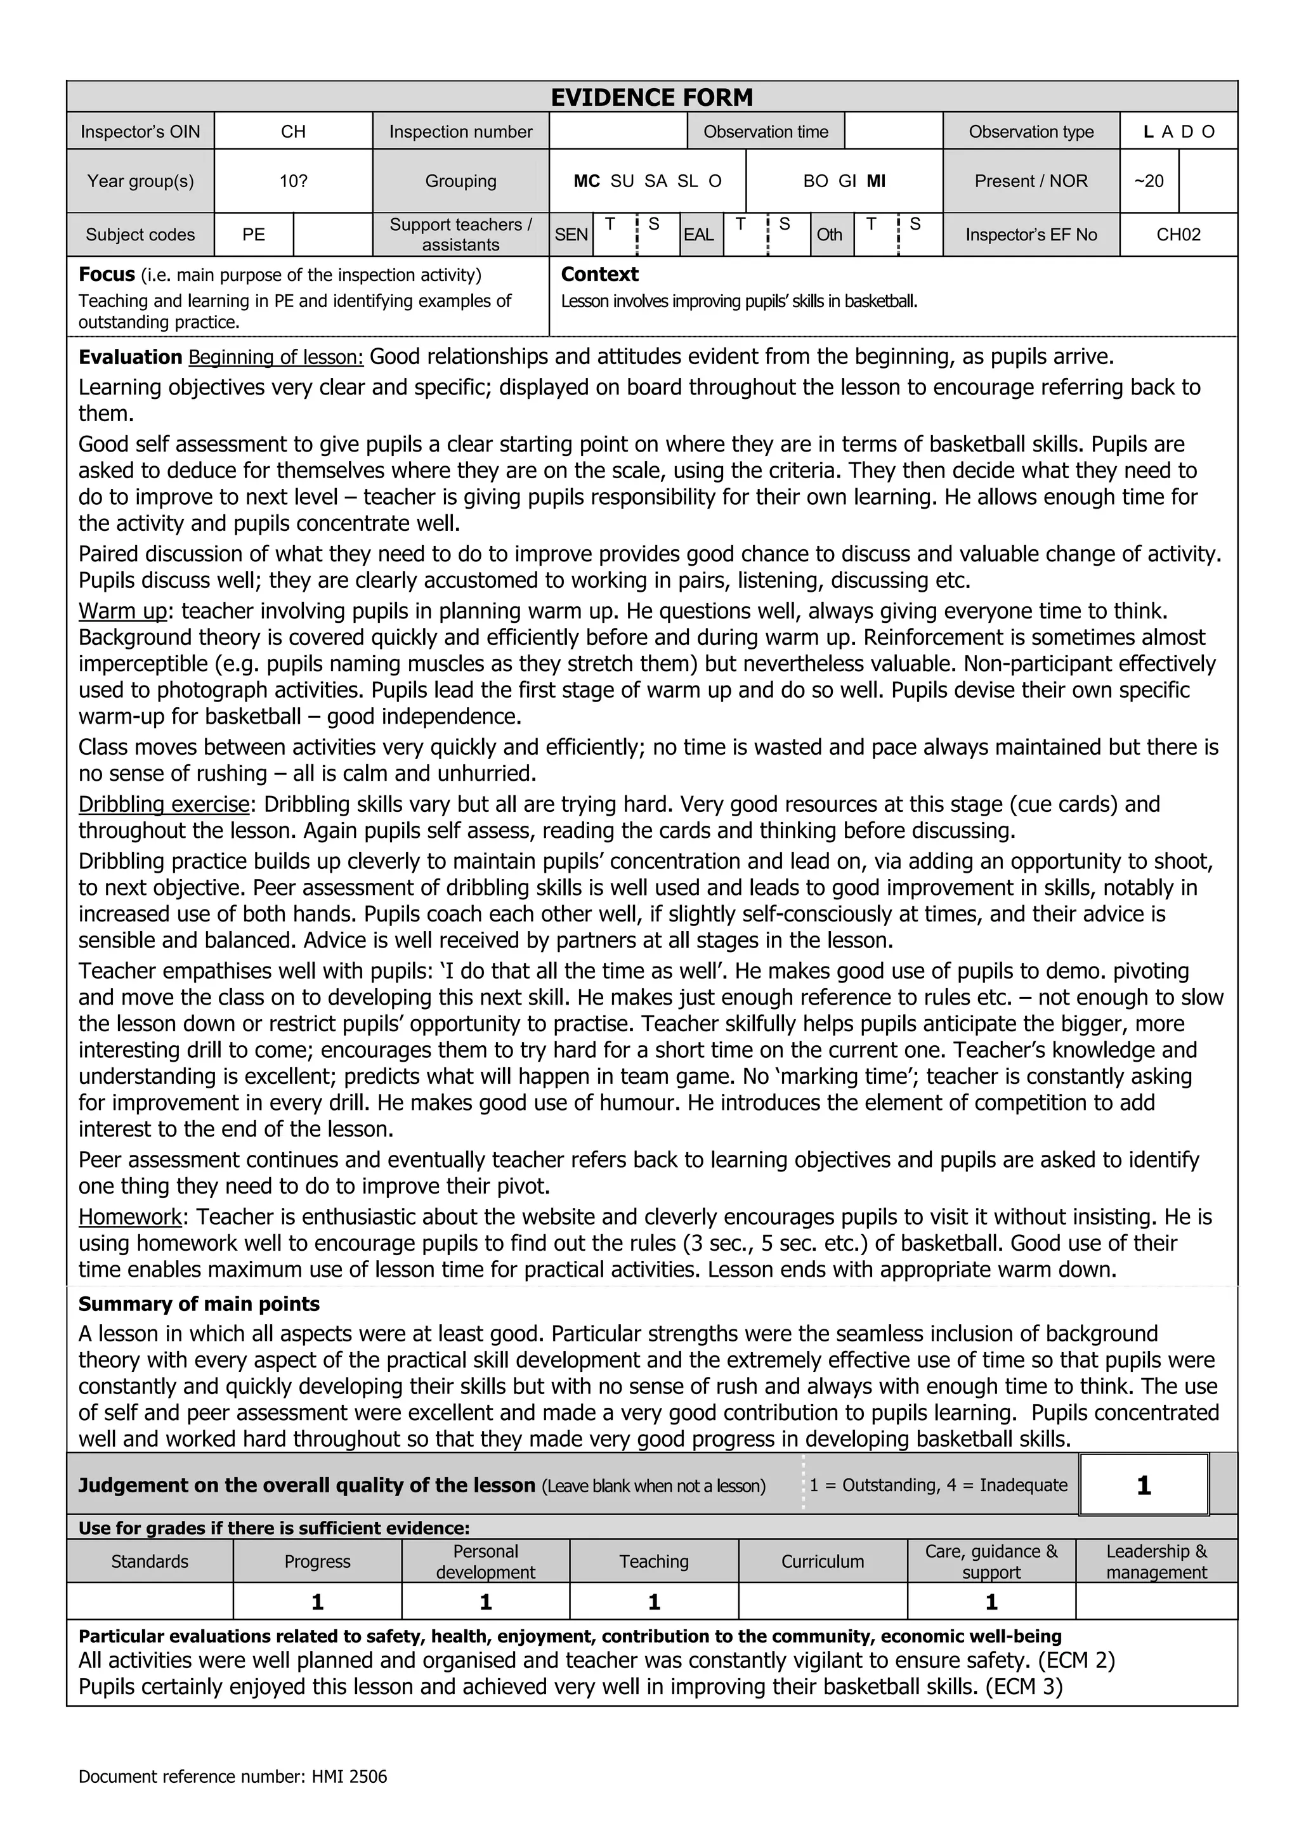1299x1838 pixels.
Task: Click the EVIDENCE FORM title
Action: pyautogui.click(x=651, y=98)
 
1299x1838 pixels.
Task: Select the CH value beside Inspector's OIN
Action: pyautogui.click(x=293, y=132)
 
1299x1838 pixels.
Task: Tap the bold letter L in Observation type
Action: pyautogui.click(x=1149, y=132)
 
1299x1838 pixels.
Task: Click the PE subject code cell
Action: pyautogui.click(x=254, y=235)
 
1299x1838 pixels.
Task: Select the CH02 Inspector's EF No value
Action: pyautogui.click(x=1178, y=235)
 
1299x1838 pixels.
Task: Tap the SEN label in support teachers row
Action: pyautogui.click(x=571, y=235)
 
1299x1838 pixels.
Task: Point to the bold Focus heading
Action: pyautogui.click(x=107, y=275)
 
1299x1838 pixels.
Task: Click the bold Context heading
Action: pyautogui.click(x=599, y=275)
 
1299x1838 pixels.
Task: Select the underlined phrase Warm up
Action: pyautogui.click(x=122, y=611)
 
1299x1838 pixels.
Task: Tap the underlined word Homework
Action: pyautogui.click(x=129, y=1218)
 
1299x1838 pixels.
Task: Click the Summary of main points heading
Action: pyautogui.click(x=199, y=1304)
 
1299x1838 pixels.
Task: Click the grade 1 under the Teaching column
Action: pyautogui.click(x=654, y=1602)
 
